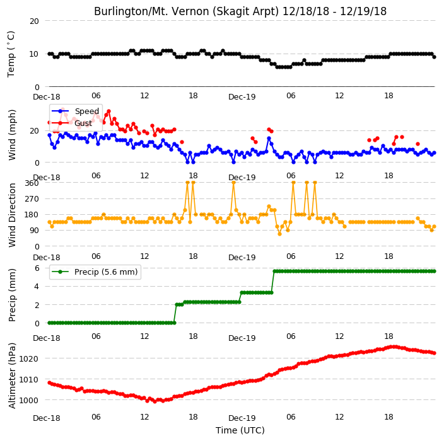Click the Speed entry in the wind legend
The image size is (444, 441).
86,111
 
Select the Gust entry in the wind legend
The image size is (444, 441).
83,123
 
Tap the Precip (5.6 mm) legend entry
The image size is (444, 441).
106,272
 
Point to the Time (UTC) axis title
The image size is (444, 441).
240,430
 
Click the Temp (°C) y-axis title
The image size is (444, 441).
11,54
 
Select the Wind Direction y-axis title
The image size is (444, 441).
12,215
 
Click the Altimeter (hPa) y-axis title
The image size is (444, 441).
11,375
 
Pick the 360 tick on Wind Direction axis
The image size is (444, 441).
32,183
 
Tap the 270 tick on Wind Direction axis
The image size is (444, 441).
32,199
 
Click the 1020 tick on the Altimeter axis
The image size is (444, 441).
28,359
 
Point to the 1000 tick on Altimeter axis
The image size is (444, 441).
28,401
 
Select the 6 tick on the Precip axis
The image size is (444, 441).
37,268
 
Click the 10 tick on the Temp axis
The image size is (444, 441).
34,54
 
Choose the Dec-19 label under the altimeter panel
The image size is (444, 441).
242,418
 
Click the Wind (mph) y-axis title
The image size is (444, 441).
12,135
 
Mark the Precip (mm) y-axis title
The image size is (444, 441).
12,295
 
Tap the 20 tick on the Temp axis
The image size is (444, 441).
34,21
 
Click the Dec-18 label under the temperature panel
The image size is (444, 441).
47,97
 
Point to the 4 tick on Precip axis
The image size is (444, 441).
37,287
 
